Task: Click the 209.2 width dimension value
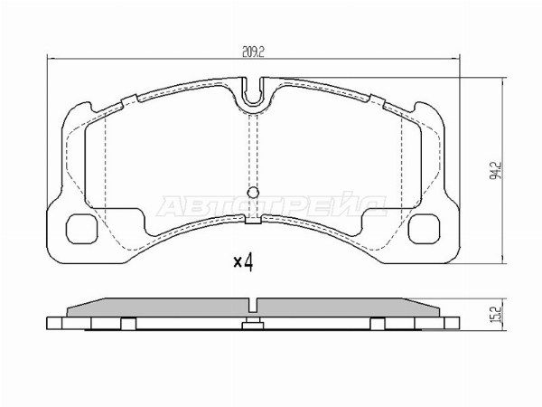click(x=252, y=52)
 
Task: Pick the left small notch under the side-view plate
click(x=128, y=324)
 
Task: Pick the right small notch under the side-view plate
click(x=378, y=324)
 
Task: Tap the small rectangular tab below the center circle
click(x=254, y=218)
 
